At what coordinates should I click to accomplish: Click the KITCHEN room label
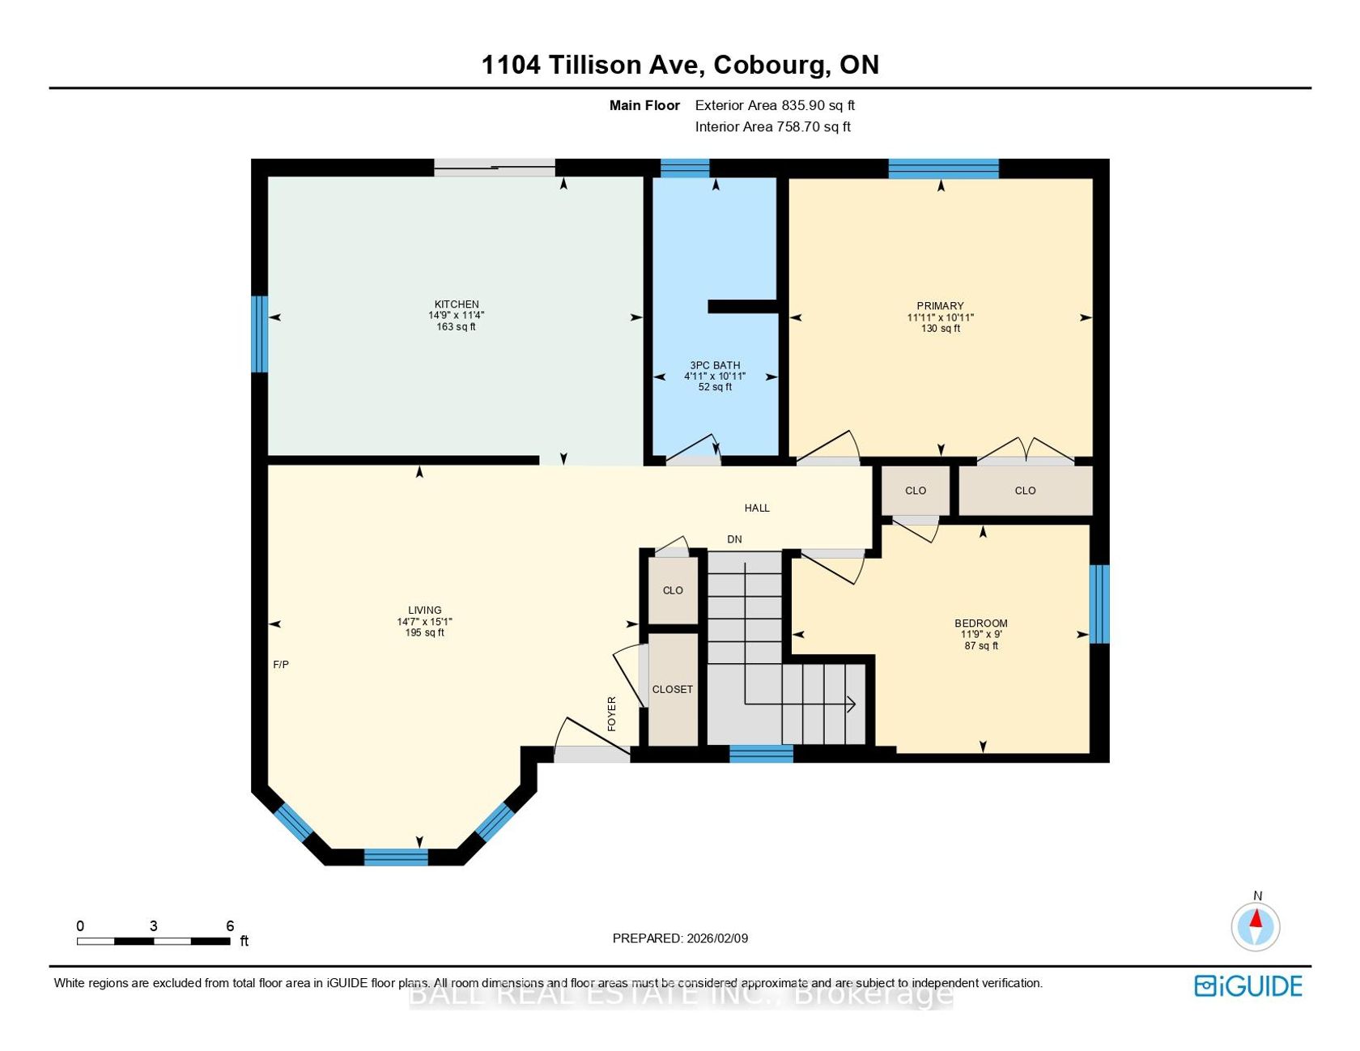[457, 304]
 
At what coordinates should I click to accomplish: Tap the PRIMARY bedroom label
[940, 306]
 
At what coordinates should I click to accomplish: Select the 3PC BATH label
[715, 365]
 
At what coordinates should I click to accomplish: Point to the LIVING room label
[425, 611]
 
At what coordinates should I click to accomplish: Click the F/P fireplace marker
[281, 665]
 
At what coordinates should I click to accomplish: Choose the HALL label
[757, 508]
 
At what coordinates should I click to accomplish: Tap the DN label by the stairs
[734, 539]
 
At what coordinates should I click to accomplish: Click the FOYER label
[612, 713]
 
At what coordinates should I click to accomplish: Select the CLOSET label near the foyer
[673, 689]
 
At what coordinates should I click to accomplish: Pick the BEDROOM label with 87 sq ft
[981, 623]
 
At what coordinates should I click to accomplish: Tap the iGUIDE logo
[1248, 985]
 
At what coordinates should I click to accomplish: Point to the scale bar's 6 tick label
[230, 925]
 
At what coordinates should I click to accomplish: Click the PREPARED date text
[680, 938]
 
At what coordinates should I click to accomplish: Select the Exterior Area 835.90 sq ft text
[775, 105]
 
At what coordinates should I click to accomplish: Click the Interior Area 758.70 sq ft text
[773, 126]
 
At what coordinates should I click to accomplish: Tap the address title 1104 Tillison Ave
[590, 65]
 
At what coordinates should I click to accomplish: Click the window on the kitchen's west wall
[259, 334]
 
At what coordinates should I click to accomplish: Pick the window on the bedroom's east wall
[1099, 604]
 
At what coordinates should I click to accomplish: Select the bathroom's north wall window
[685, 168]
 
